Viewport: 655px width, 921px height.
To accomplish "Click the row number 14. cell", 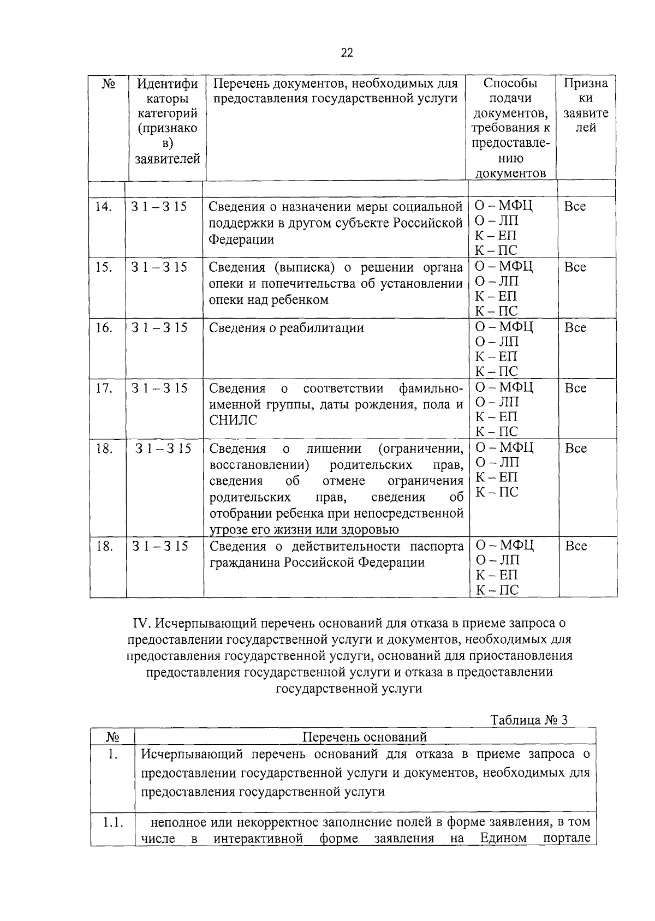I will tap(104, 207).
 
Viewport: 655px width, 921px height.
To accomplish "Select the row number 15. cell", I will tap(104, 267).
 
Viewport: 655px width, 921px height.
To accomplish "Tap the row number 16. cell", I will tap(104, 328).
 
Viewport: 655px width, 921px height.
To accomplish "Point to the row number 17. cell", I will tap(104, 388).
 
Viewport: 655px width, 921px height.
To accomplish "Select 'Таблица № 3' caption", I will tap(529, 720).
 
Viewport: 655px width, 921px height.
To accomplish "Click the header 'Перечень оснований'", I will tap(365, 737).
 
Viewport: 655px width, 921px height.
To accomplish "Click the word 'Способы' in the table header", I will tap(510, 83).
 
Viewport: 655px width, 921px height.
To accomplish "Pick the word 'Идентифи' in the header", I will tap(167, 84).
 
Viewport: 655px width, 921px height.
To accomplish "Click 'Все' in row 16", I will tap(575, 328).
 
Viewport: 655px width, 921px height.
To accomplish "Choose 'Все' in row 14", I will tap(575, 207).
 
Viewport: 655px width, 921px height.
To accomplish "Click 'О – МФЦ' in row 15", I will tap(503, 267).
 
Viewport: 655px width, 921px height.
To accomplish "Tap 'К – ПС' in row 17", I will tap(496, 432).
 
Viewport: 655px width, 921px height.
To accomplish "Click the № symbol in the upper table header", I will tap(108, 84).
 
